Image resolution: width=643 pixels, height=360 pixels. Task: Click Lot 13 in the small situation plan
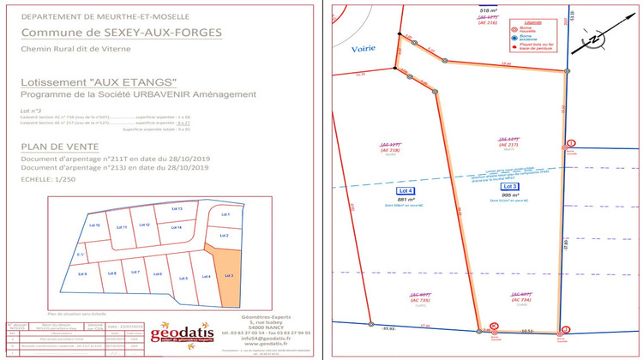point(177,209)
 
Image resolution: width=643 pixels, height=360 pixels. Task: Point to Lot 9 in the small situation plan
point(82,273)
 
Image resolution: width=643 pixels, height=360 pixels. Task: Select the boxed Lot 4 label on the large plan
point(405,190)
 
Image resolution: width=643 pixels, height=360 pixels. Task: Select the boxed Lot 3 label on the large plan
point(510,186)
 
